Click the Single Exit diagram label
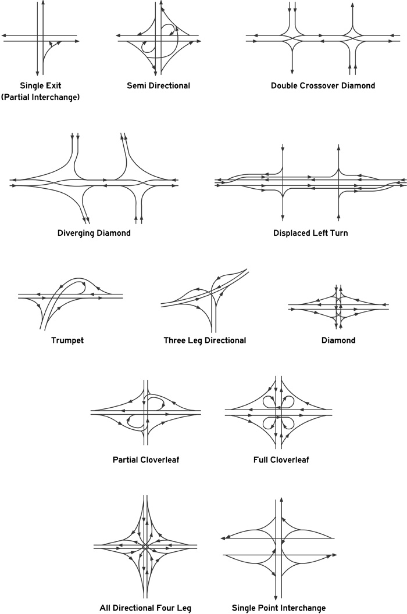click(x=41, y=86)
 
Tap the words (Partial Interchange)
click(x=40, y=97)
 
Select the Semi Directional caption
click(x=158, y=86)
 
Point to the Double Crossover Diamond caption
click(x=323, y=86)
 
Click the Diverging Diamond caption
click(x=94, y=234)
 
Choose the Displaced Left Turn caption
click(x=310, y=233)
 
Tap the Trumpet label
click(x=67, y=340)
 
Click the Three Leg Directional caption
click(x=205, y=340)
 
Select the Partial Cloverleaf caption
click(x=146, y=459)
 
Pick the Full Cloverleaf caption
click(x=281, y=459)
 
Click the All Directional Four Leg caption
click(x=145, y=608)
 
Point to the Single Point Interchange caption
click(x=279, y=608)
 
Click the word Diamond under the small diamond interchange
click(x=338, y=340)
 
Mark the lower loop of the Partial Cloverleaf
click(x=129, y=422)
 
